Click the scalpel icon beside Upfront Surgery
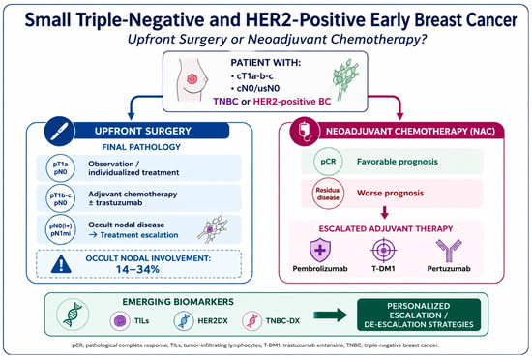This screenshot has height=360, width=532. click(x=59, y=131)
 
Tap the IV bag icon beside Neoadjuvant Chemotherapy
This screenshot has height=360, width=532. click(x=305, y=132)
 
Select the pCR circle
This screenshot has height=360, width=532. click(x=328, y=162)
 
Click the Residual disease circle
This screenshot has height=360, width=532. click(x=328, y=194)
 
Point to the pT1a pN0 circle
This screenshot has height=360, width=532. click(x=60, y=168)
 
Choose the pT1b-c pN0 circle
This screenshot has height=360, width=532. click(x=60, y=198)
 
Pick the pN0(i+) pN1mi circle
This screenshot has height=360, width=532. click(x=60, y=229)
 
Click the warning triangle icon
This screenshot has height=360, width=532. click(x=61, y=264)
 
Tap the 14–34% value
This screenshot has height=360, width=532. click(x=137, y=269)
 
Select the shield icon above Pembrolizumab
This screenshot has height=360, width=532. click(x=320, y=251)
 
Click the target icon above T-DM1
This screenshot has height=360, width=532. click(x=383, y=251)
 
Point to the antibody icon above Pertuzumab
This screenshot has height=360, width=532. click(x=449, y=251)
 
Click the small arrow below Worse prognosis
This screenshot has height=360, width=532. click(x=384, y=213)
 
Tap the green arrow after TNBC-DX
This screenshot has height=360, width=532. click(x=330, y=315)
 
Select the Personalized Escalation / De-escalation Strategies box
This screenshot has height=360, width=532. click(x=419, y=315)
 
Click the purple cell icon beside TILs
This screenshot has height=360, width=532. click(x=120, y=320)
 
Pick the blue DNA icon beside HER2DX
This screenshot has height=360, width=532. click(x=184, y=320)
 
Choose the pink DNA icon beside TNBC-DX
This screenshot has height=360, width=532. click(x=252, y=320)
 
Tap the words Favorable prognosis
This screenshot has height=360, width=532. click(x=398, y=162)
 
